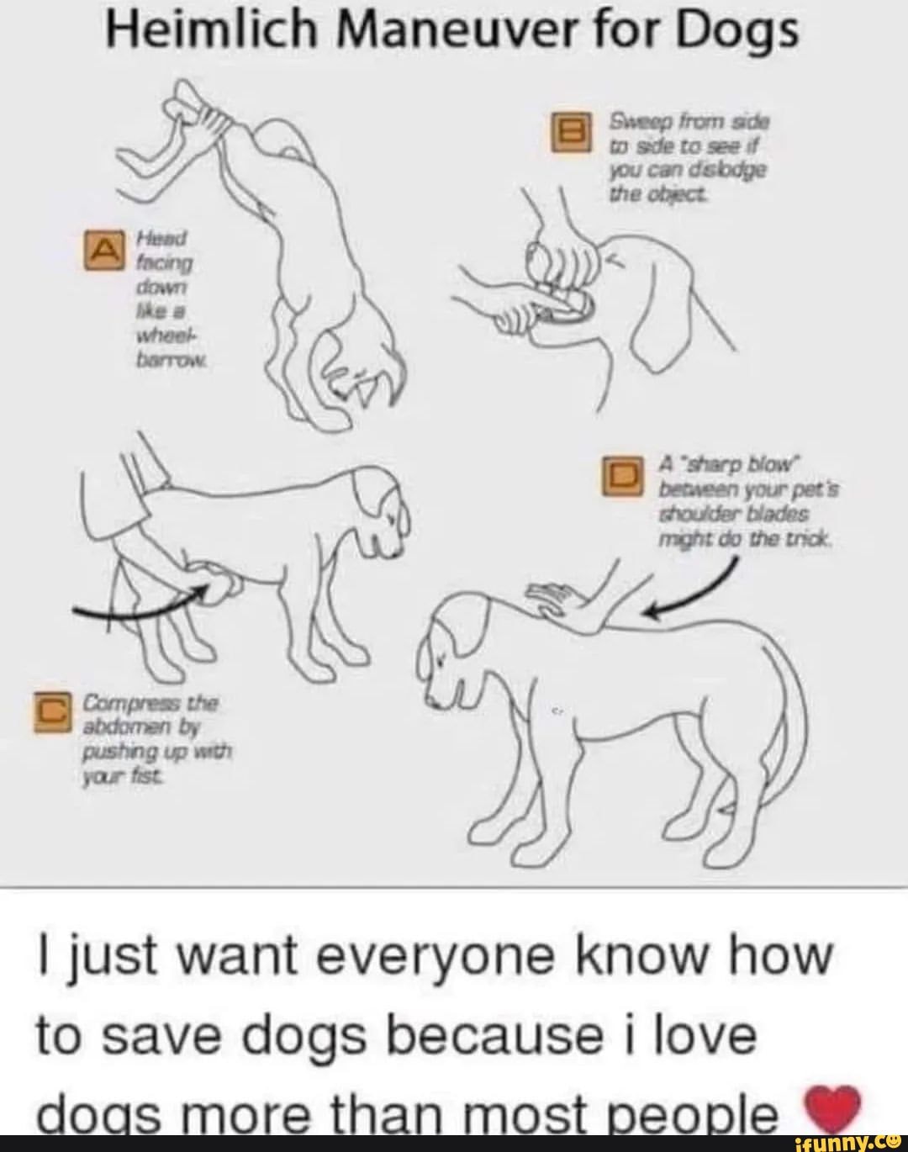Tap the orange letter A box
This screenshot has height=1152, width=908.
tap(106, 248)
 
